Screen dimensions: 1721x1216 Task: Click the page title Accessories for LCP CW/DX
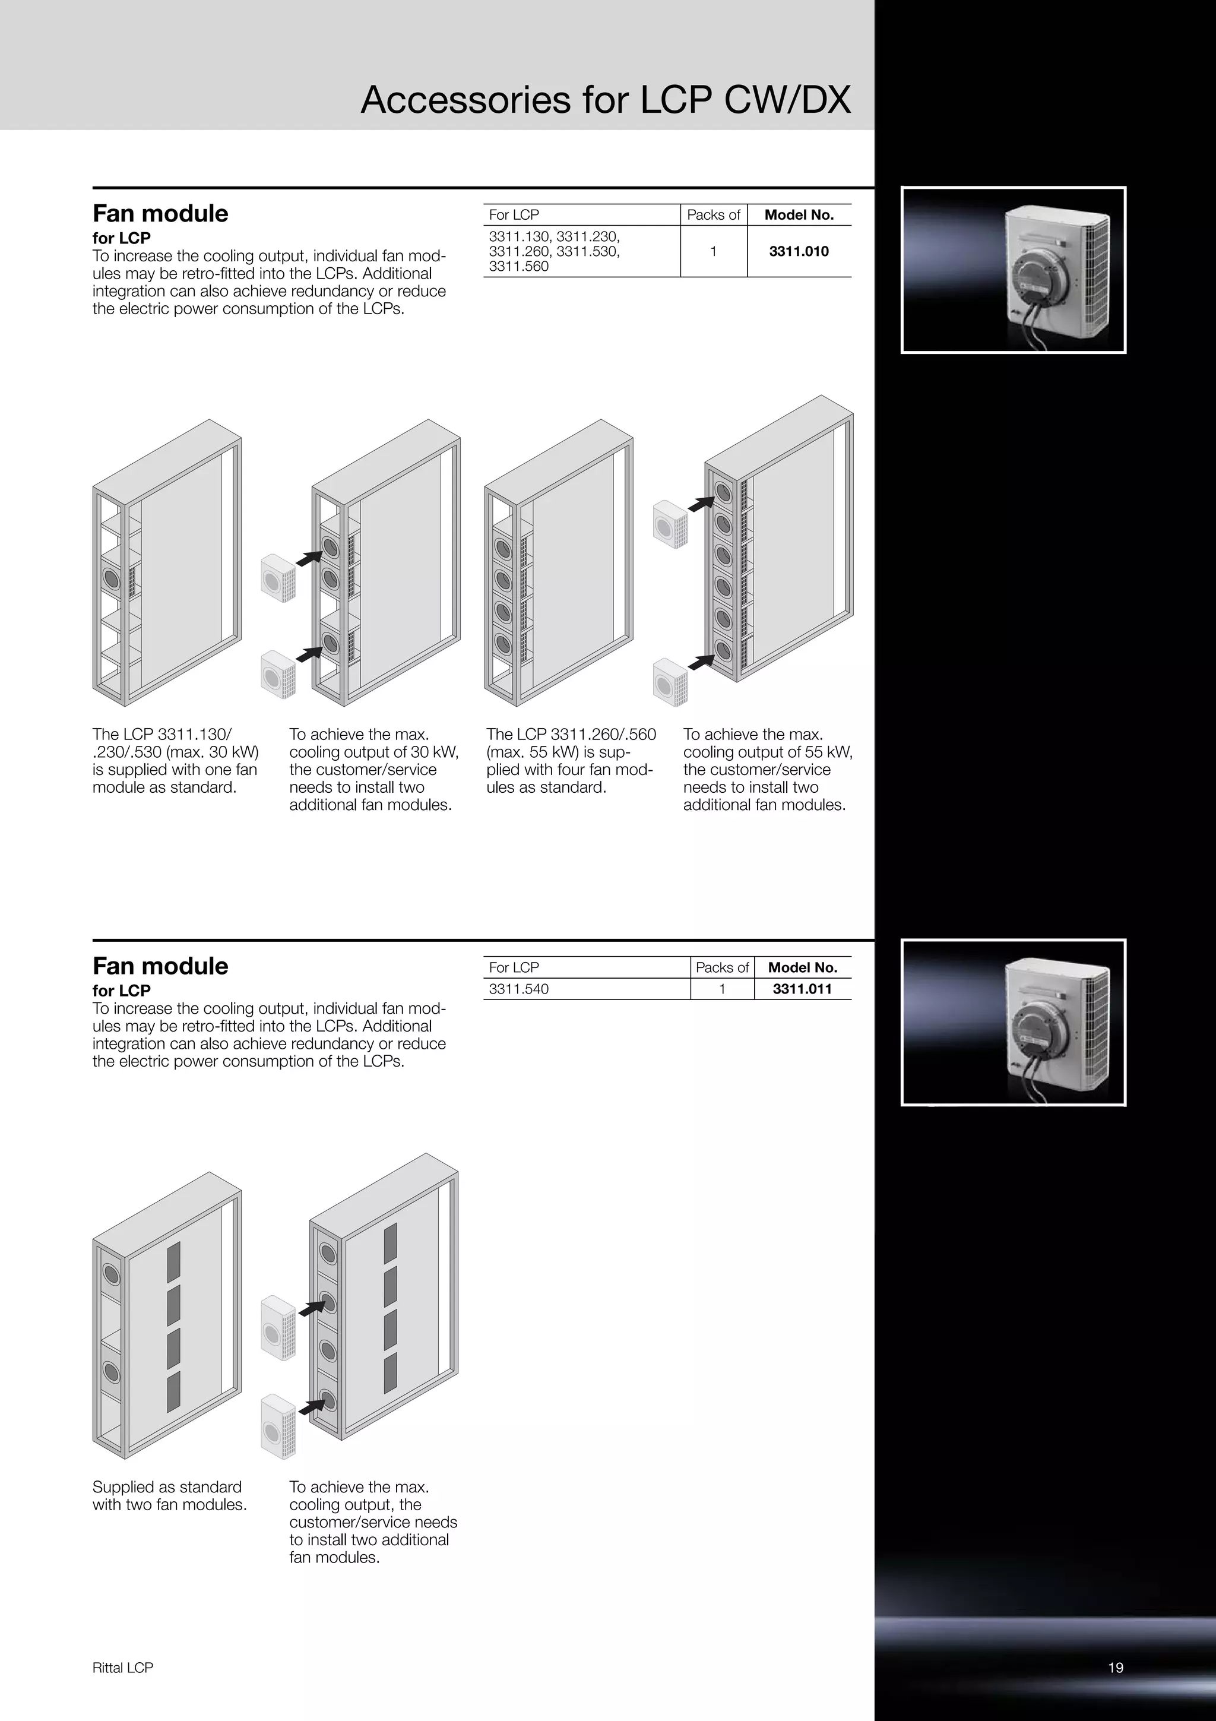pyautogui.click(x=606, y=100)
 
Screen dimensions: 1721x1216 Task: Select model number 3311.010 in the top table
pyautogui.click(x=799, y=251)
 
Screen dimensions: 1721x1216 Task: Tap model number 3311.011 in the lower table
pyautogui.click(x=802, y=989)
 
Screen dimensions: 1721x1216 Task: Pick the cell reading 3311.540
pyautogui.click(x=518, y=989)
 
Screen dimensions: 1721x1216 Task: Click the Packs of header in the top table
pyautogui.click(x=713, y=215)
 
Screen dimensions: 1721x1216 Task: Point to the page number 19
pyautogui.click(x=1115, y=1667)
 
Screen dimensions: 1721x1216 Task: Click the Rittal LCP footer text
pyautogui.click(x=123, y=1667)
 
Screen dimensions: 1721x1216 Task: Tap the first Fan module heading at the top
pyautogui.click(x=160, y=214)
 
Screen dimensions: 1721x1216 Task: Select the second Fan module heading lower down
pyautogui.click(x=160, y=966)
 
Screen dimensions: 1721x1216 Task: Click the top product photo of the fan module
pyautogui.click(x=1013, y=270)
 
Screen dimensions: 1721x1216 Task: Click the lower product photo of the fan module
pyautogui.click(x=1013, y=1023)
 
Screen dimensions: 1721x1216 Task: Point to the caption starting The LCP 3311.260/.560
pyautogui.click(x=571, y=760)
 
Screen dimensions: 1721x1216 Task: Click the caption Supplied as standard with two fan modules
pyautogui.click(x=169, y=1495)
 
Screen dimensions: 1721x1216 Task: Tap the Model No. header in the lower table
pyautogui.click(x=802, y=967)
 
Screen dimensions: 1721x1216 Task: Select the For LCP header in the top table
pyautogui.click(x=514, y=215)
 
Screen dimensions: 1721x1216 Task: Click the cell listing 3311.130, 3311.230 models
pyautogui.click(x=555, y=251)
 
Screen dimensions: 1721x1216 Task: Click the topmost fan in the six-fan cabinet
pyautogui.click(x=723, y=492)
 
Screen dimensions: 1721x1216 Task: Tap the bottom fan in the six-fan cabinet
pyautogui.click(x=723, y=649)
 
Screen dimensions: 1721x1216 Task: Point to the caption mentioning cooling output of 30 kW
pyautogui.click(x=373, y=769)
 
